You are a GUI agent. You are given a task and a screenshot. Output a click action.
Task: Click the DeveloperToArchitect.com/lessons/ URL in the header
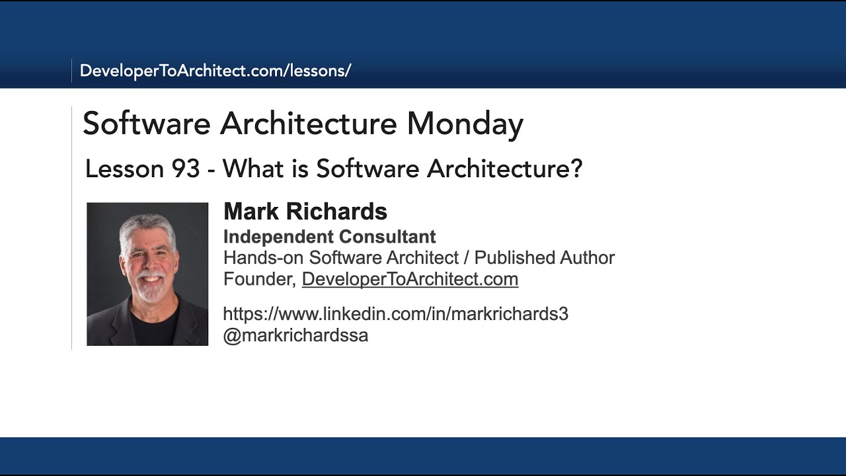(x=215, y=71)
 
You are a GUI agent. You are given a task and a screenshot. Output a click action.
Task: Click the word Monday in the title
(x=465, y=124)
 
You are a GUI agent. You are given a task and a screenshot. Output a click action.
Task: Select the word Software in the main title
(x=147, y=124)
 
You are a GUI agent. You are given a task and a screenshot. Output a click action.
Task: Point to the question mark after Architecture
(x=576, y=169)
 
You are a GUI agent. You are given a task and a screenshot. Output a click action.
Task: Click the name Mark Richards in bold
(x=305, y=212)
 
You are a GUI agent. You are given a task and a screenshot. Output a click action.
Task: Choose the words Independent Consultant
(x=329, y=237)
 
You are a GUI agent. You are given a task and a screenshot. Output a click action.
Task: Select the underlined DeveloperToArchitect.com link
(x=410, y=279)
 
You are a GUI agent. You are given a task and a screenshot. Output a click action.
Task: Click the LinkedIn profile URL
(x=395, y=314)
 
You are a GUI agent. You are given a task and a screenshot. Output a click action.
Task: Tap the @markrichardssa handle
(x=295, y=336)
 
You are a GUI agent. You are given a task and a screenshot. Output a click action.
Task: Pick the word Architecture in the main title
(x=309, y=124)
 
